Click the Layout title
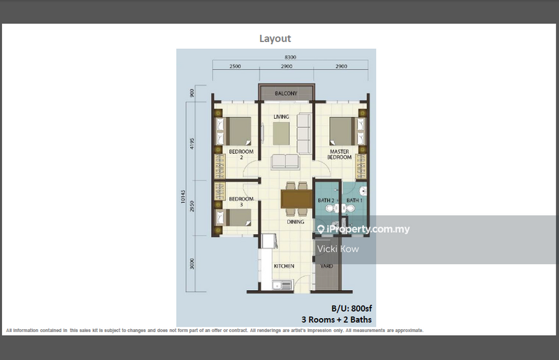tap(275, 39)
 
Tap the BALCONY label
tap(286, 94)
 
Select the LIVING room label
tap(282, 117)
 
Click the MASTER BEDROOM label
tap(340, 154)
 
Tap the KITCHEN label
tap(284, 266)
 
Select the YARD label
tap(326, 266)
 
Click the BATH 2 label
tap(326, 201)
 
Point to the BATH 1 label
tap(355, 201)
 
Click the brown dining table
tap(295, 200)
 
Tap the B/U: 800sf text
tap(351, 308)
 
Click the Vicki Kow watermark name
tap(338, 249)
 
